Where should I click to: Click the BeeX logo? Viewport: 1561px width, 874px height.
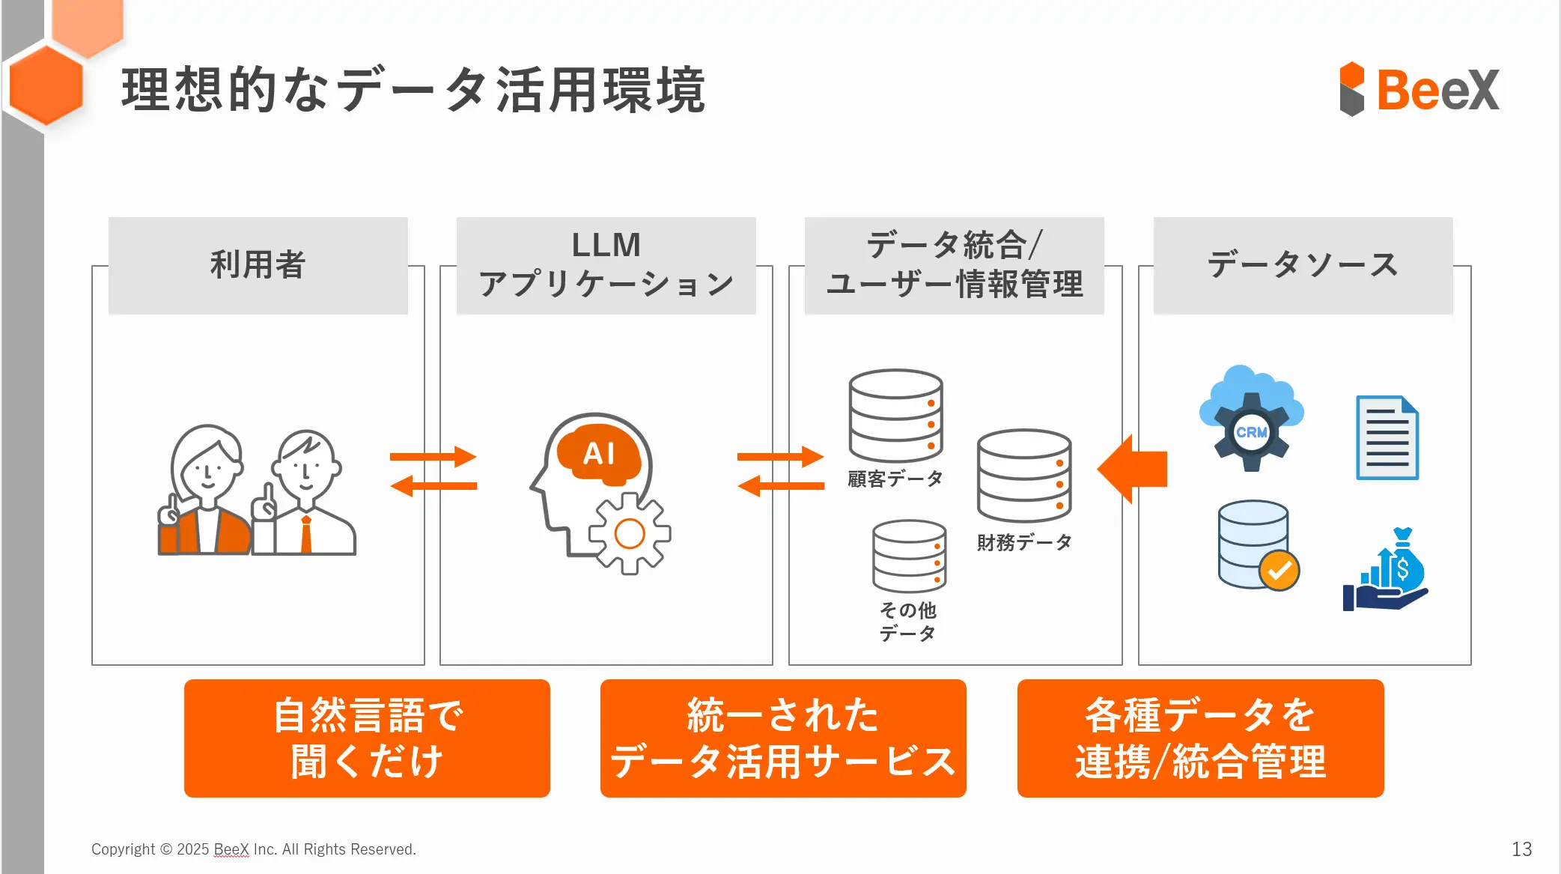click(x=1419, y=89)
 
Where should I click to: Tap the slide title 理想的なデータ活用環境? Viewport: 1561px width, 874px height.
click(x=413, y=90)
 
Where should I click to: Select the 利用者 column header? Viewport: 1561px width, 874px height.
click(x=258, y=265)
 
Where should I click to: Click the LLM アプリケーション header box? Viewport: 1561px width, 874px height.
click(x=606, y=265)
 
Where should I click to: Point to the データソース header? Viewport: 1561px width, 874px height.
click(x=1303, y=265)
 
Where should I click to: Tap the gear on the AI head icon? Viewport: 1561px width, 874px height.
click(x=630, y=534)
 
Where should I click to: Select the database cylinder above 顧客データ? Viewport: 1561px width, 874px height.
click(x=895, y=415)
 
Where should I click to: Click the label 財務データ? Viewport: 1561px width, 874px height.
click(x=1024, y=542)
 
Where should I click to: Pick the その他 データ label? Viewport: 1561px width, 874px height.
click(x=908, y=622)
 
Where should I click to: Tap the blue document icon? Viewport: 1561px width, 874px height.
click(x=1387, y=438)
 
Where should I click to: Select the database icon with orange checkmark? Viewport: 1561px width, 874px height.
click(x=1258, y=545)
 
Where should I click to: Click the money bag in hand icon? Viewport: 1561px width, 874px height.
click(x=1387, y=570)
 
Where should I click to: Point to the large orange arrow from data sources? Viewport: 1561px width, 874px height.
click(x=1133, y=469)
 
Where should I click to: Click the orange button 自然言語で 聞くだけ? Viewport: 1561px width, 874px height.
click(x=367, y=738)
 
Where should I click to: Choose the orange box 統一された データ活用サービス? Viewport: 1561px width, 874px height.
click(x=783, y=738)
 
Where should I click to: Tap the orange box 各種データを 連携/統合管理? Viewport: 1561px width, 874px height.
click(x=1200, y=738)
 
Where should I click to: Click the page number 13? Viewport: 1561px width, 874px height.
click(x=1521, y=849)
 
